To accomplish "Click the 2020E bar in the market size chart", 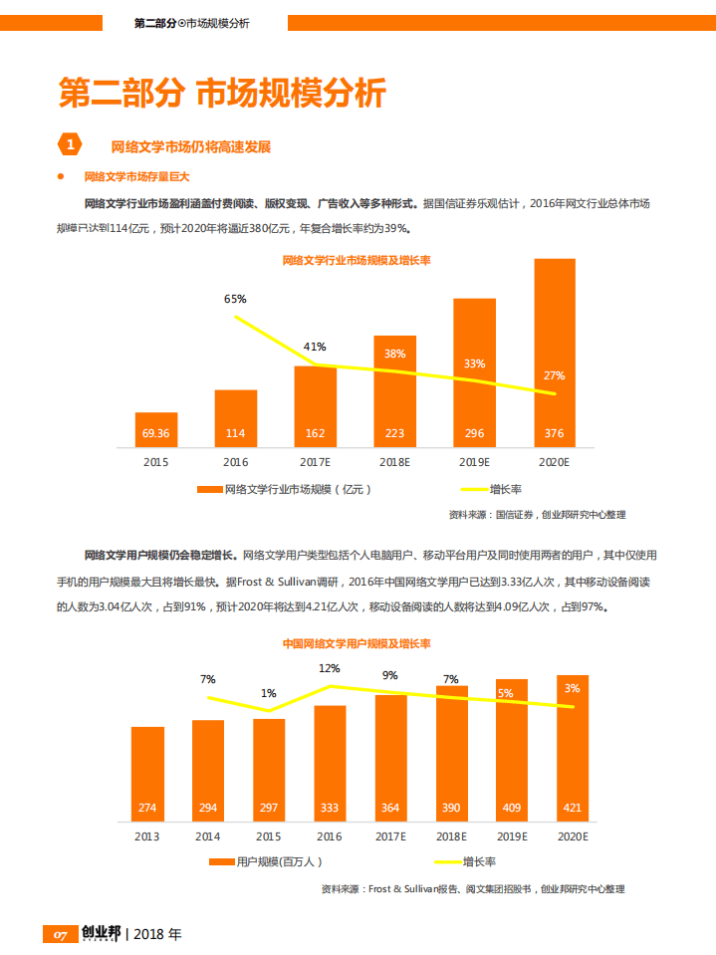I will (x=555, y=353).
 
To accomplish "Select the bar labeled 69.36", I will (x=156, y=429).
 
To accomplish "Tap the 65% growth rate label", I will (x=235, y=299).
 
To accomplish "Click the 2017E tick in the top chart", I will (x=315, y=462).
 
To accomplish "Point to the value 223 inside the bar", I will (x=394, y=433).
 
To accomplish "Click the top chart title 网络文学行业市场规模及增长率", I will (x=357, y=261).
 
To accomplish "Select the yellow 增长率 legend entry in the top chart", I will (x=492, y=489).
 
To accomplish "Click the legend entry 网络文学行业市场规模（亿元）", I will (x=289, y=489).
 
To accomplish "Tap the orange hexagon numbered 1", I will (x=70, y=145).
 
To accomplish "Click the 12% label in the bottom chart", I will (x=330, y=668).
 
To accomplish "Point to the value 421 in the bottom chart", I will (x=573, y=808).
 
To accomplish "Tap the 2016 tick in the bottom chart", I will (x=330, y=836).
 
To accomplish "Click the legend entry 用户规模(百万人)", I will (x=266, y=861).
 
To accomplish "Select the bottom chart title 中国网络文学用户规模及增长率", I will (x=357, y=644).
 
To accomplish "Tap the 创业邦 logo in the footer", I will (x=101, y=934).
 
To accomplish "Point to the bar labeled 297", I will (x=269, y=769).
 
